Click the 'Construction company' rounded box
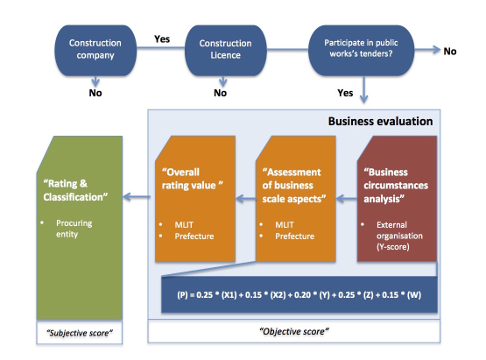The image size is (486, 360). tap(95, 50)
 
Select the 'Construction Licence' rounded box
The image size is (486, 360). tap(225, 50)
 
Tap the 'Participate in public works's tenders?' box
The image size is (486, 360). tap(361, 50)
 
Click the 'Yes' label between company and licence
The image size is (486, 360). tap(162, 39)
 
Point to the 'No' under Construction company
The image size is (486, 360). tap(95, 93)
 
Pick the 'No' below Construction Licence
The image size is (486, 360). tap(221, 93)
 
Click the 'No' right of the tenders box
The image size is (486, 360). tap(450, 51)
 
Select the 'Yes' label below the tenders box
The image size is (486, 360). tap(345, 93)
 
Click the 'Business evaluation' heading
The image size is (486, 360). tap(381, 121)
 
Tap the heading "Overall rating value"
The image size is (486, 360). tap(192, 179)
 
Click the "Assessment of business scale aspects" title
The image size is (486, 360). tap(294, 186)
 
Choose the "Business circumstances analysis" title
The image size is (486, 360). tap(396, 186)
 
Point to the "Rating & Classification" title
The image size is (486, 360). tap(75, 190)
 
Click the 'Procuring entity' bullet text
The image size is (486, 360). tap(74, 229)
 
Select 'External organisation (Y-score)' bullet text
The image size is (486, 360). tap(399, 236)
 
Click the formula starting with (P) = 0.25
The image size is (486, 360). tap(299, 294)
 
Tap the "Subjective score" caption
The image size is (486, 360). tap(80, 333)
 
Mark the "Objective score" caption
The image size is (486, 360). tap(294, 331)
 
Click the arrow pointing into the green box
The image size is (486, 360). tap(137, 196)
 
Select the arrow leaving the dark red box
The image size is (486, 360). tap(347, 199)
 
